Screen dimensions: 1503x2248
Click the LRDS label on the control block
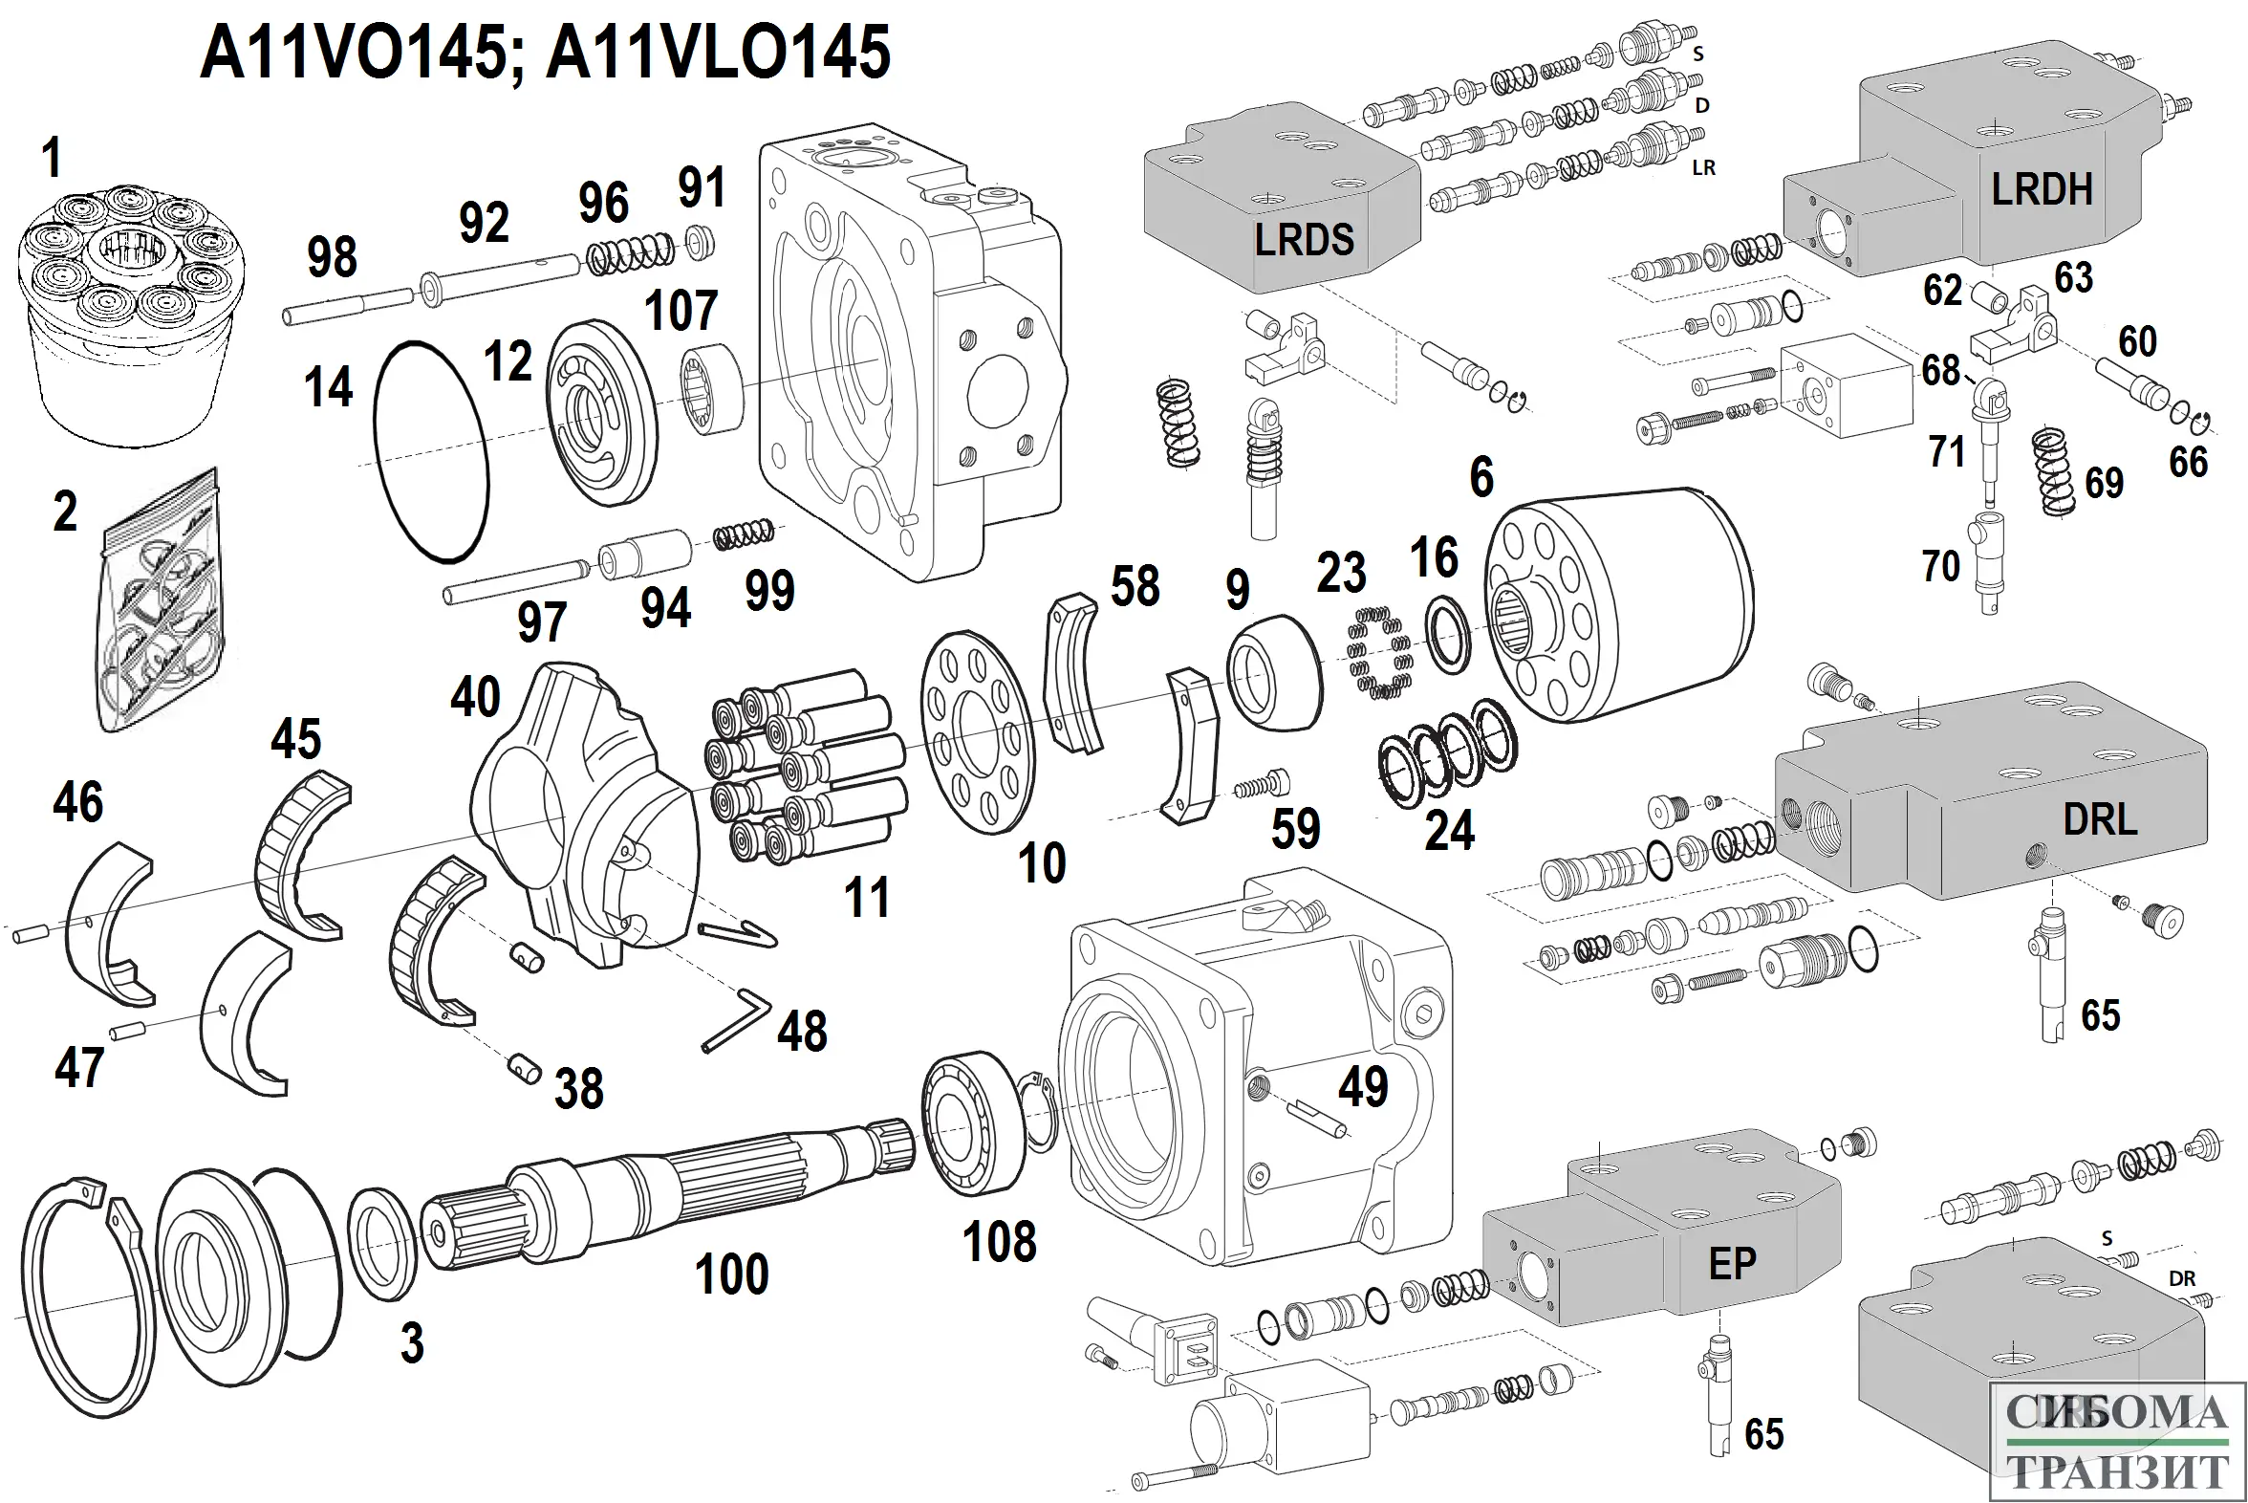point(1304,240)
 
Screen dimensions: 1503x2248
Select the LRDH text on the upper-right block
point(2042,190)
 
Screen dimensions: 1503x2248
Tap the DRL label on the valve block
point(2100,820)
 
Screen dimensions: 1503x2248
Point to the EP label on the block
point(1733,1264)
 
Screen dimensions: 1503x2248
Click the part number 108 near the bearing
point(1000,1242)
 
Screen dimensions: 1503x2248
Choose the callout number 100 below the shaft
point(732,1274)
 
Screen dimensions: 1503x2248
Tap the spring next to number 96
point(631,253)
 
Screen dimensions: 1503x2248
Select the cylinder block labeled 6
point(1619,614)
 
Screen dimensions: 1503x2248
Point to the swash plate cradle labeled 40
point(585,815)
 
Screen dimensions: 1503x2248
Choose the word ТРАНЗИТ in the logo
point(2117,1472)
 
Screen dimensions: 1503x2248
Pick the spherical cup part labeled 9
point(1273,670)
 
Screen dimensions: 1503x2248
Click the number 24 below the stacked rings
point(1449,830)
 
